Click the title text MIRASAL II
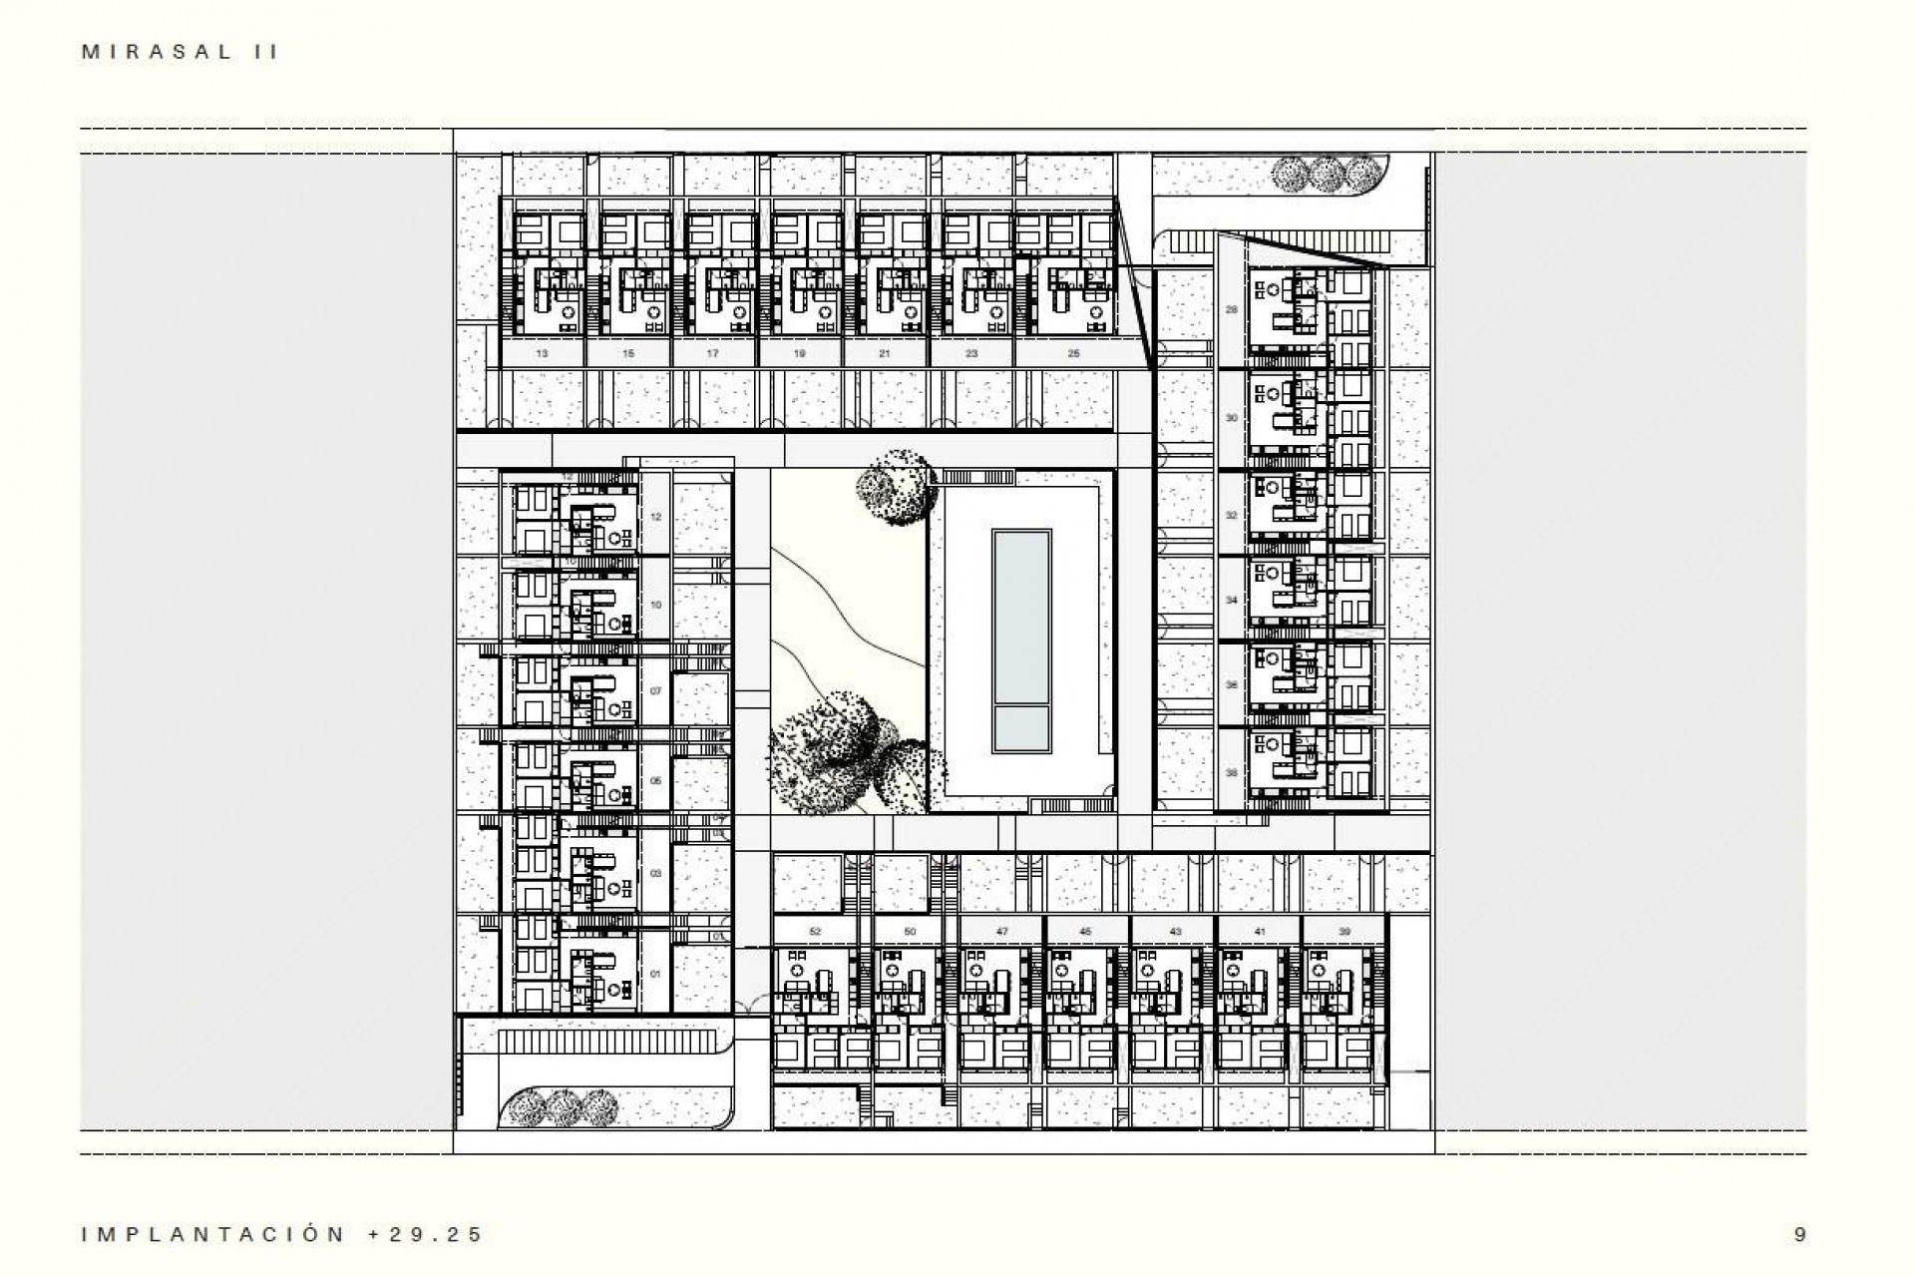(181, 53)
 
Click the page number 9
(1799, 1235)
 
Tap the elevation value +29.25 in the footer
(426, 1235)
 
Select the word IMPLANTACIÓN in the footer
(213, 1235)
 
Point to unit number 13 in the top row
(542, 353)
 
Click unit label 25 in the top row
(1073, 353)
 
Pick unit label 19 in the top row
(800, 353)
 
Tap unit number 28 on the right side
(1232, 309)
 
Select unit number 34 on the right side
(1232, 601)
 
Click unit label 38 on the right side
(1232, 773)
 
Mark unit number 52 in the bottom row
(815, 932)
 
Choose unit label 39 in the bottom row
(1344, 932)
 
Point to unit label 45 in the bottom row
(1085, 932)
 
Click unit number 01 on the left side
(655, 974)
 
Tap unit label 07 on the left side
(655, 691)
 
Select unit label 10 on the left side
(655, 605)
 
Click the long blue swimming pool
(1021, 614)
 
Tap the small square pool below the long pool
(1021, 729)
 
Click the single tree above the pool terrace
(897, 486)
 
